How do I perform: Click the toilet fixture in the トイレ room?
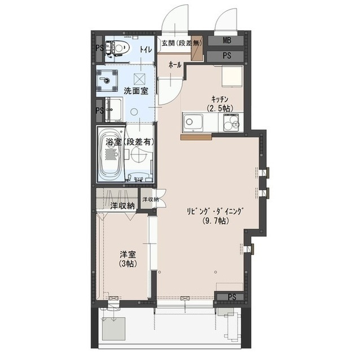tap(118, 48)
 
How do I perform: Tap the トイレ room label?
tap(146, 49)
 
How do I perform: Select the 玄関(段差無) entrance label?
tap(182, 43)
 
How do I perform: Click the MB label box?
tap(226, 41)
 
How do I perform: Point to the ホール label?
tap(175, 65)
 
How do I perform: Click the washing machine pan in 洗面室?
tap(107, 80)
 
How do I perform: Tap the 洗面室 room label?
tap(136, 91)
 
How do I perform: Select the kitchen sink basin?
tap(193, 122)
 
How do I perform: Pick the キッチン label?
tap(220, 99)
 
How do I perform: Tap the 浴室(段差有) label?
tap(130, 142)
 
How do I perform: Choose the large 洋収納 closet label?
tap(122, 206)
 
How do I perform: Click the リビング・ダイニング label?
tap(215, 211)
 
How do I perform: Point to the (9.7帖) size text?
tap(215, 221)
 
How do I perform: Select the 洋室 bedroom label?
tap(128, 255)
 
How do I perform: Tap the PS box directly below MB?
tap(226, 56)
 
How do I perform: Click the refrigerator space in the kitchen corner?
tap(232, 76)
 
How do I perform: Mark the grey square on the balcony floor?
tap(114, 329)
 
